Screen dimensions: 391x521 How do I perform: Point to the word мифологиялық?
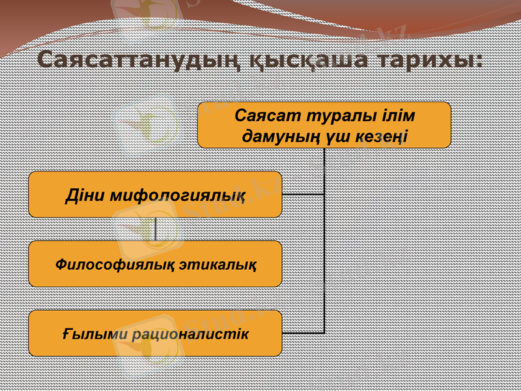click(x=177, y=195)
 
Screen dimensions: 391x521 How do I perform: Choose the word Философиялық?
click(x=112, y=265)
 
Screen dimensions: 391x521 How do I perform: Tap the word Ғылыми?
click(x=92, y=334)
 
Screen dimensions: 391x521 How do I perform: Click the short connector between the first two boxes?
click(x=156, y=229)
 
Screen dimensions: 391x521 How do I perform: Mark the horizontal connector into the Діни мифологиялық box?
click(x=303, y=194)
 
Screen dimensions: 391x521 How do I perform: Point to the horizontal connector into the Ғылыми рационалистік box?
click(x=303, y=333)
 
